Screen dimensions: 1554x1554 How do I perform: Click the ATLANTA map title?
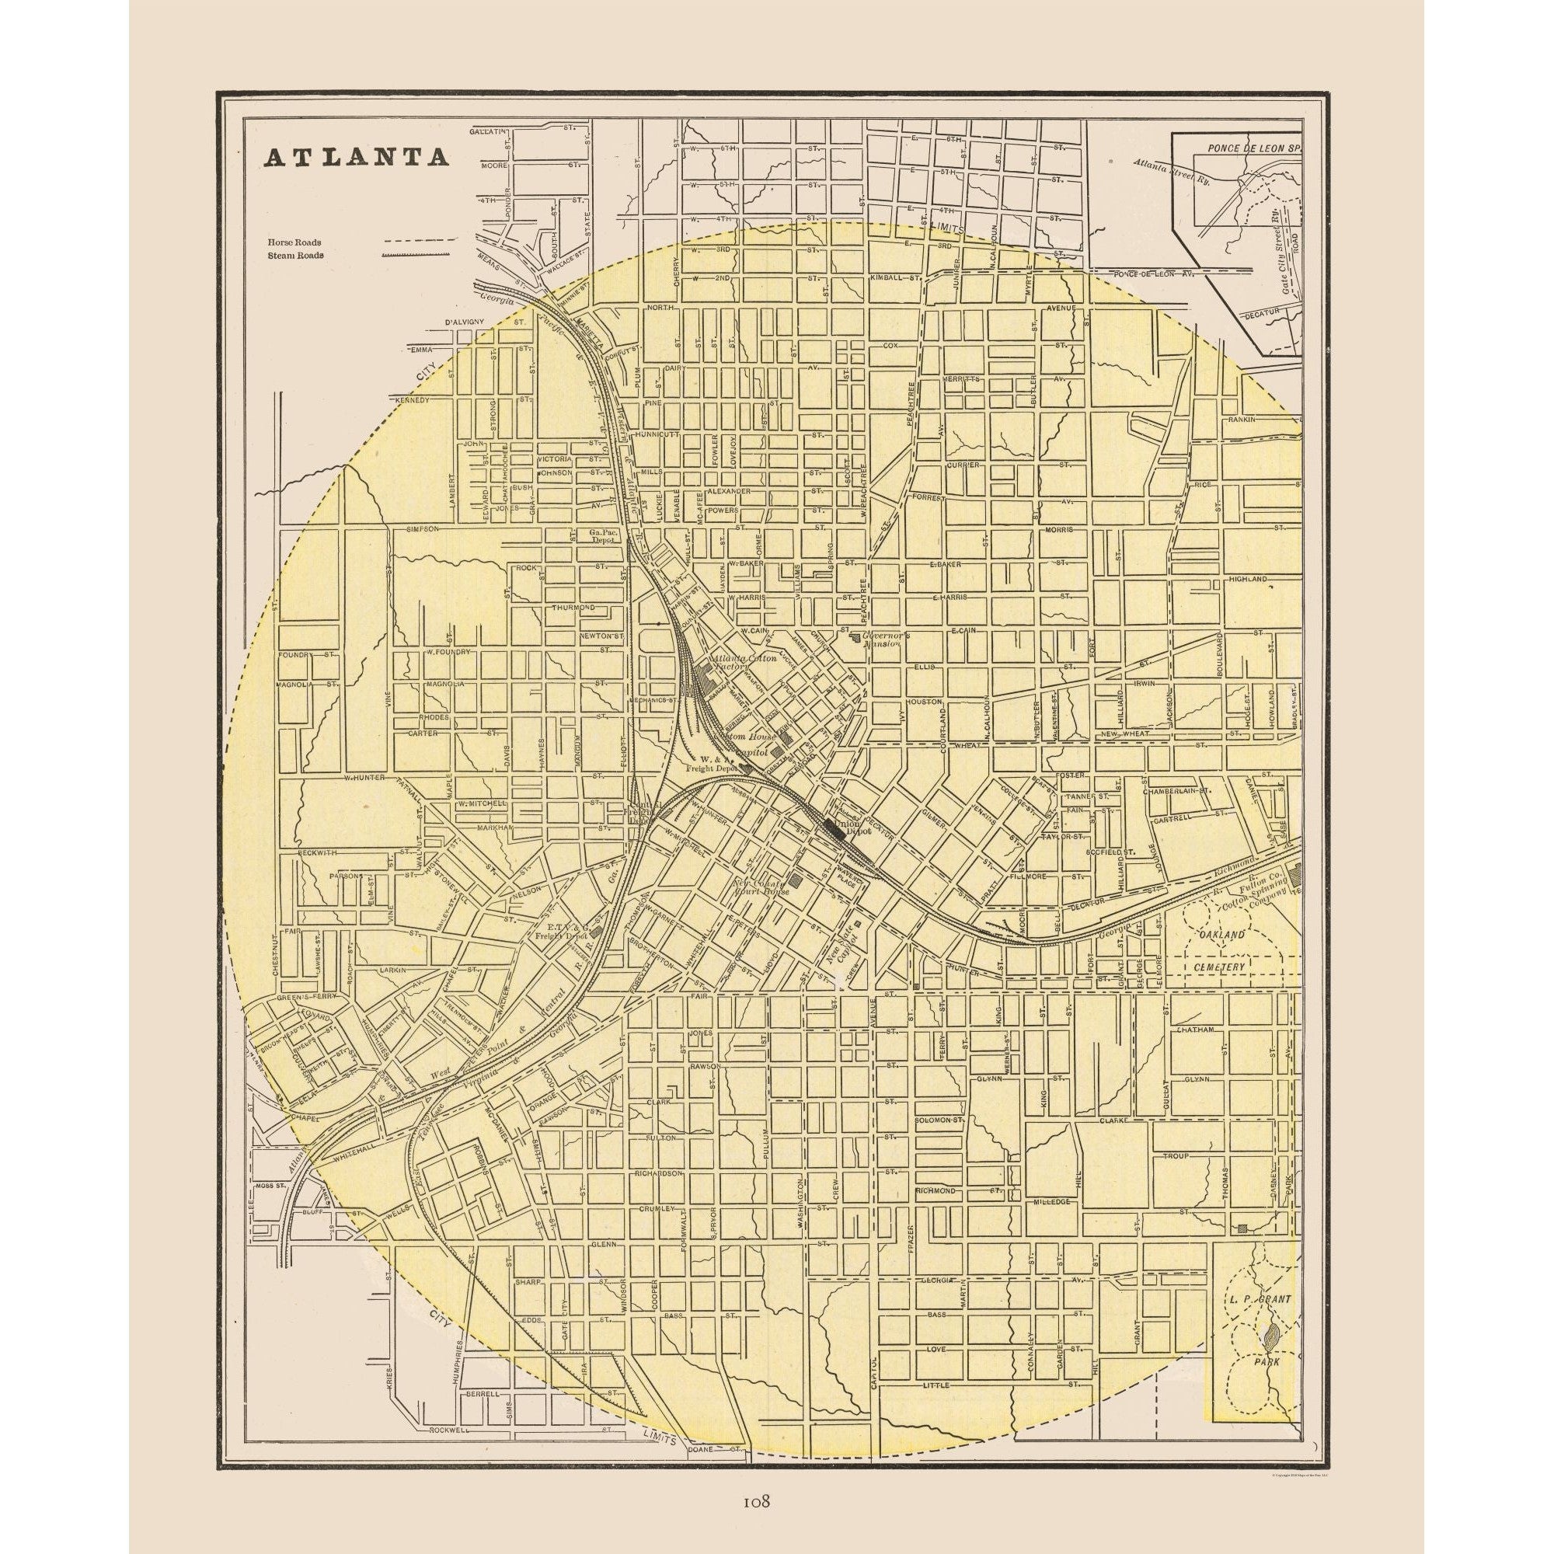click(357, 157)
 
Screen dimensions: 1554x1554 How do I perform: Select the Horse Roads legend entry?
click(295, 242)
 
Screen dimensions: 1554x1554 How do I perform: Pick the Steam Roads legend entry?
click(296, 255)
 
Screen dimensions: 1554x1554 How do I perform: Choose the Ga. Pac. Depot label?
click(601, 535)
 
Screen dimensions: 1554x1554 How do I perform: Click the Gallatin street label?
click(490, 130)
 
